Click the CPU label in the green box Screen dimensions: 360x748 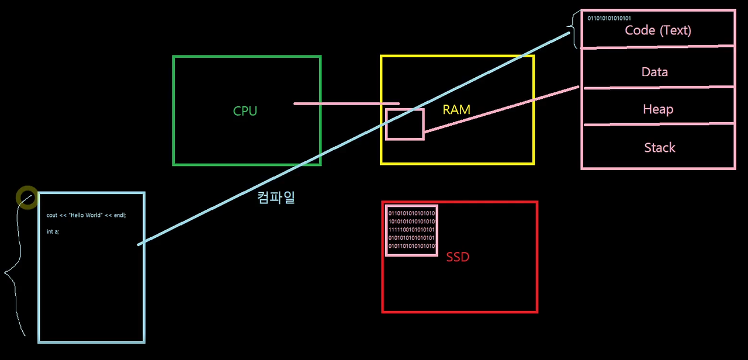pos(245,111)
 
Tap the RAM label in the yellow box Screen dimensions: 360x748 pos(456,109)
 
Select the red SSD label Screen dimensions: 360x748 pos(458,257)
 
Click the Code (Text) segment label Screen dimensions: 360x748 pos(658,30)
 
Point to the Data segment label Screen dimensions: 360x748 pos(654,72)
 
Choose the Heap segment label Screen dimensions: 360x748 pos(658,109)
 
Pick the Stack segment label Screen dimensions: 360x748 pos(660,147)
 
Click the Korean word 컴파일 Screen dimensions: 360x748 pos(276,197)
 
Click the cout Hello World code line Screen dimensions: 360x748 pos(86,215)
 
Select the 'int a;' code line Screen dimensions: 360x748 pos(53,232)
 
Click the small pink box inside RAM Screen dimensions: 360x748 pos(404,124)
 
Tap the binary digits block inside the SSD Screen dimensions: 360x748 pos(412,230)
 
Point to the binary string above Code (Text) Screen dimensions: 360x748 pos(609,18)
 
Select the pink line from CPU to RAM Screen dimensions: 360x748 pos(345,103)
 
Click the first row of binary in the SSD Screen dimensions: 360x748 pos(412,213)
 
